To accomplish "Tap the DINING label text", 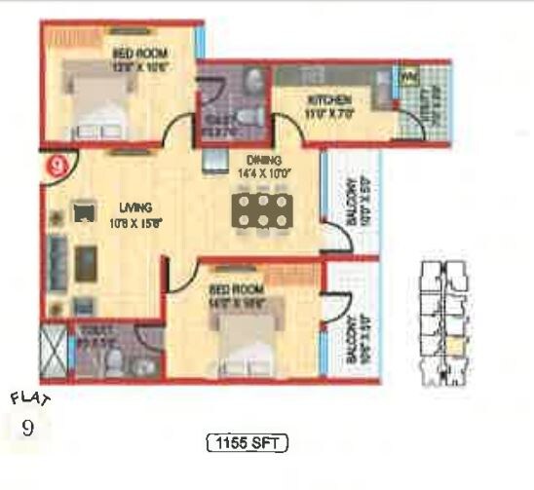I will [x=263, y=160].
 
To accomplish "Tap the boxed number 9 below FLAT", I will [x=26, y=427].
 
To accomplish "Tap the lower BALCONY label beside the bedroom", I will [x=352, y=338].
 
